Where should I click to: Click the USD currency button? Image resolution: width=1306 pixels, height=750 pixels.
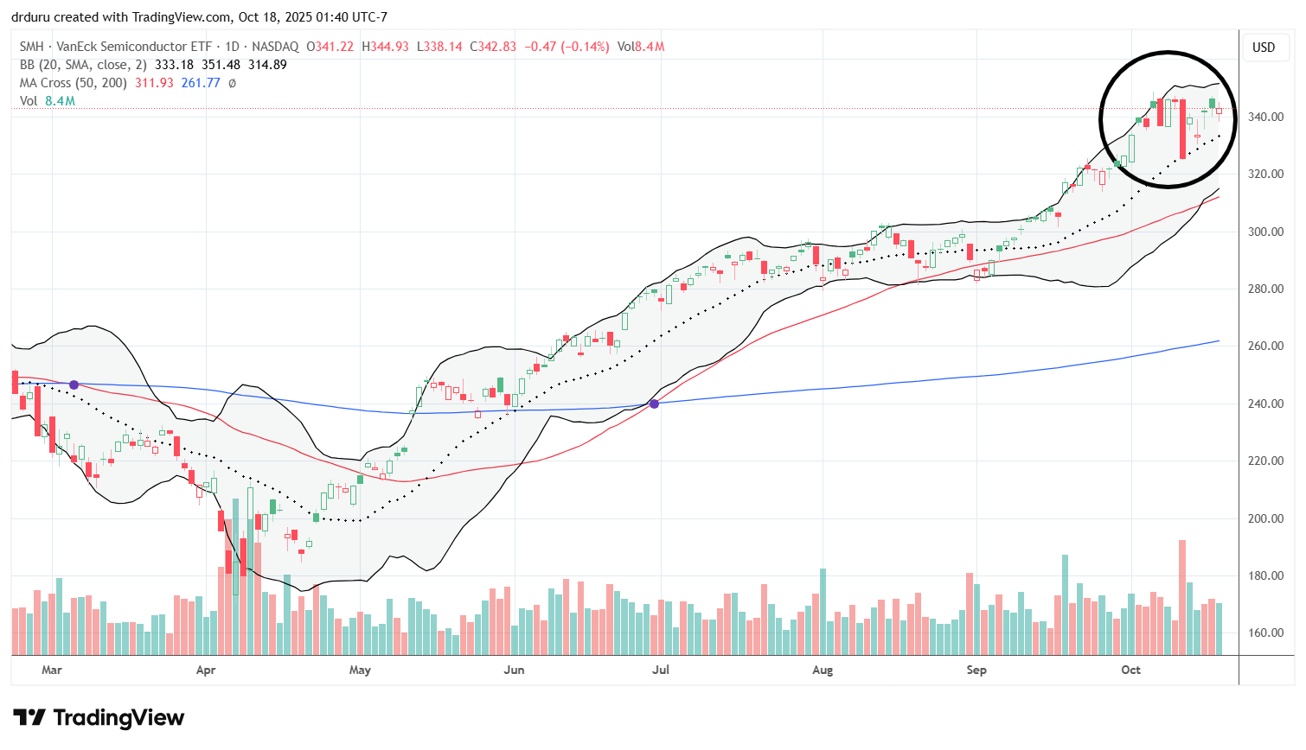point(1264,48)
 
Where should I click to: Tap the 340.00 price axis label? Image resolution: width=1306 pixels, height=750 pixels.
point(1265,117)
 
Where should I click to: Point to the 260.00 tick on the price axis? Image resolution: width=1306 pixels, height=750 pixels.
point(1265,346)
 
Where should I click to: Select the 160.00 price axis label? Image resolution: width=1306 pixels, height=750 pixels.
point(1265,633)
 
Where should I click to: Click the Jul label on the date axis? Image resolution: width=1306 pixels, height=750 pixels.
point(661,670)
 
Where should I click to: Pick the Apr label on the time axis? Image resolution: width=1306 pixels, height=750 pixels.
point(206,670)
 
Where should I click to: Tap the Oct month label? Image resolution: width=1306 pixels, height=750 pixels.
point(1130,670)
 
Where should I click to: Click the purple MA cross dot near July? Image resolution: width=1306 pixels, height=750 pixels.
point(654,404)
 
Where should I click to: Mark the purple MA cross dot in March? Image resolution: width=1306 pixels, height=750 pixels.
point(74,385)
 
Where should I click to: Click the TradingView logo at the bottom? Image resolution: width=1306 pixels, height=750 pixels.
point(99,718)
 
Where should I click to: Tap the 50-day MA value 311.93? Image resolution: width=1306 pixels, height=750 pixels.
point(154,83)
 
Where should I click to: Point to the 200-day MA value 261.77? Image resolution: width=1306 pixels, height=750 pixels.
point(201,83)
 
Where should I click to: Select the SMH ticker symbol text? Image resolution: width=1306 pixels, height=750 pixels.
point(31,47)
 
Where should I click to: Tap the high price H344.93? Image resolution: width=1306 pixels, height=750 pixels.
point(385,47)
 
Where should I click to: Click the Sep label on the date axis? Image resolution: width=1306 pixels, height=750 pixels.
point(976,670)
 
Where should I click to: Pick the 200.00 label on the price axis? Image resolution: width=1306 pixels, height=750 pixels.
point(1265,518)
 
